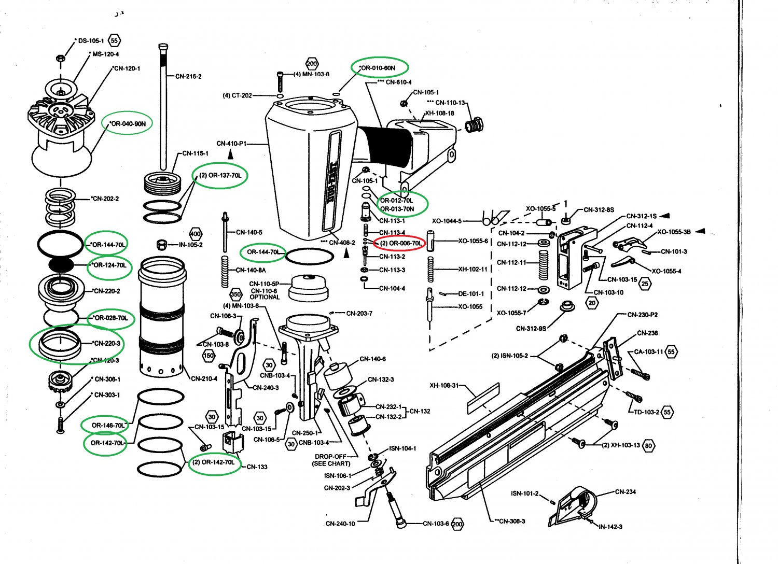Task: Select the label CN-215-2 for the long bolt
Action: click(188, 76)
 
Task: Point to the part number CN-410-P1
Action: click(231, 143)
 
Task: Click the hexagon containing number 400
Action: click(196, 234)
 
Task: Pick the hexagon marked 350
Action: click(236, 294)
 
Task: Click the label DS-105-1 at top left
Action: click(91, 40)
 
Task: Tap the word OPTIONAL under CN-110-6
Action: click(265, 297)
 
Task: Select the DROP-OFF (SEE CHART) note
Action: click(332, 460)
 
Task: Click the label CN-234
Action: click(626, 491)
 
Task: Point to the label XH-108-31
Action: click(444, 385)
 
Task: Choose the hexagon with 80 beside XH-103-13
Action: click(648, 445)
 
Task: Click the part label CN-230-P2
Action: click(643, 315)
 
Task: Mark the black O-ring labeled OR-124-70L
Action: click(61, 264)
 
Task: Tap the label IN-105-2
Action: click(190, 245)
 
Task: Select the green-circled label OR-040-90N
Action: click(128, 123)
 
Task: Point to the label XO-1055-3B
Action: click(674, 232)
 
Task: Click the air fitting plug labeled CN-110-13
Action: click(473, 125)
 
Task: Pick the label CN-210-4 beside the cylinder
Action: click(204, 378)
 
